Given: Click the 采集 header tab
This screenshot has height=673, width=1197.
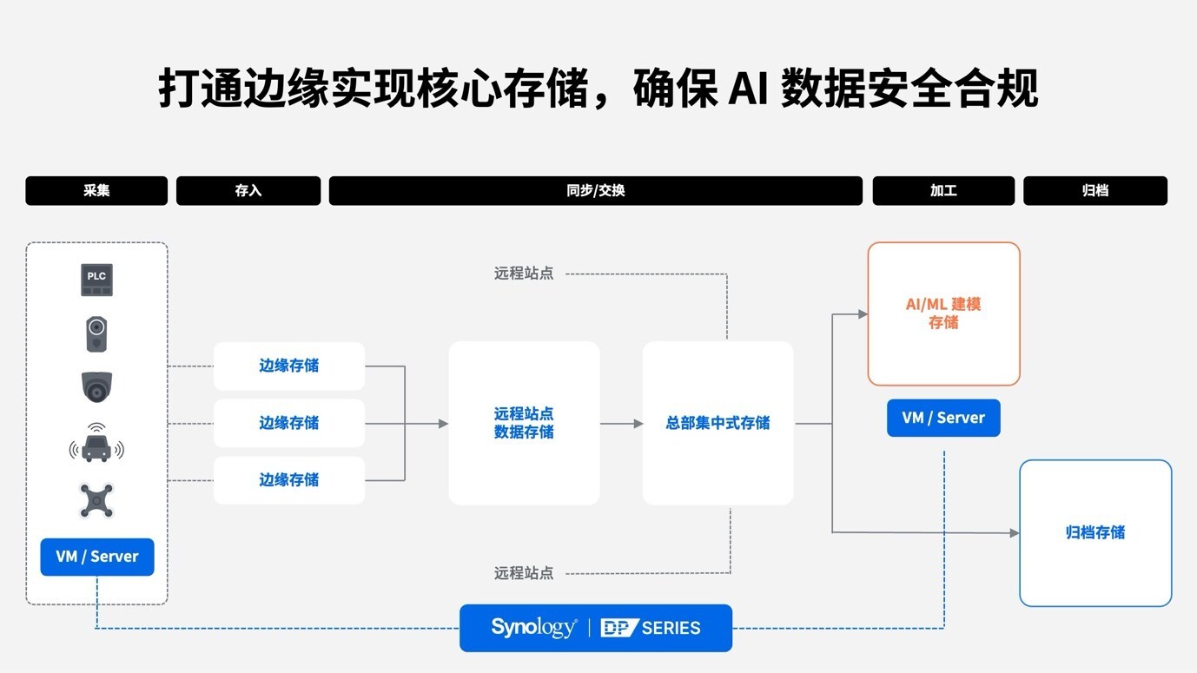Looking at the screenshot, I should (96, 191).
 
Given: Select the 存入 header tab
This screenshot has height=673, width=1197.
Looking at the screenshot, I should (248, 191).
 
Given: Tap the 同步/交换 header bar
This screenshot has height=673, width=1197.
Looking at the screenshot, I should (595, 191).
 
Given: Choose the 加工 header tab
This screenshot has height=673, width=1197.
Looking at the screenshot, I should (943, 191).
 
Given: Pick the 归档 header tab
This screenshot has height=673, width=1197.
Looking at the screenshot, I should (1094, 191).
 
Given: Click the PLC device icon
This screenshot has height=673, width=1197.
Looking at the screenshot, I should (96, 280).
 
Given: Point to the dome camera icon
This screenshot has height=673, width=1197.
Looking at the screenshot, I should (96, 386).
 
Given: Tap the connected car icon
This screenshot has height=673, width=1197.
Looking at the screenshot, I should (96, 445).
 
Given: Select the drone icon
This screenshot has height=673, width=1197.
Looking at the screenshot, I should (96, 501).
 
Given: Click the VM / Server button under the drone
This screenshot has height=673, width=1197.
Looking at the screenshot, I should (96, 557).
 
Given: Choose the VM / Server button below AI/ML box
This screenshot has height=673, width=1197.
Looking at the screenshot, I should (943, 418).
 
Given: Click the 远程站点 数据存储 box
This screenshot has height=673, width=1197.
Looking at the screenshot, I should (524, 423).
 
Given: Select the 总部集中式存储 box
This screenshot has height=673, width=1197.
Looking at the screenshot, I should (718, 423).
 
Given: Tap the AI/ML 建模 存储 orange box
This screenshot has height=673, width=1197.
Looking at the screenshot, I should (943, 313).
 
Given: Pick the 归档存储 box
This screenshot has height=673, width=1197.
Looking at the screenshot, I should (1094, 532).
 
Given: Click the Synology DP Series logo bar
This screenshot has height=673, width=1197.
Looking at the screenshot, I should (595, 628).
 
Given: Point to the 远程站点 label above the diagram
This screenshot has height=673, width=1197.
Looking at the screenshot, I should (524, 274).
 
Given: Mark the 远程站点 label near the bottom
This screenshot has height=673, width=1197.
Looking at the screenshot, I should (524, 573).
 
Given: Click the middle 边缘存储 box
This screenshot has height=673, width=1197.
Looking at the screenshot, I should (288, 423).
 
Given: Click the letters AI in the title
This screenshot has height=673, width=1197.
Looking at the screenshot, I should (747, 89).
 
